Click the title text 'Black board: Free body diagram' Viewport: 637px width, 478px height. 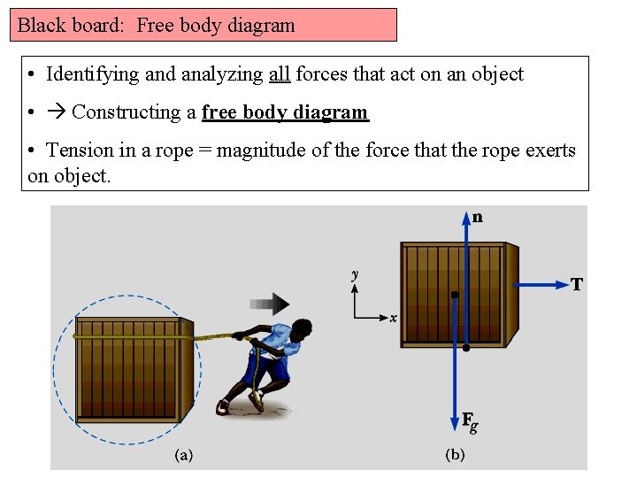(157, 25)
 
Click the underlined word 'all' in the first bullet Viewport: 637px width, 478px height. (279, 74)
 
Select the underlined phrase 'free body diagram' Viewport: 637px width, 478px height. (285, 112)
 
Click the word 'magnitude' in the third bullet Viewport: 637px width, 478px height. (257, 150)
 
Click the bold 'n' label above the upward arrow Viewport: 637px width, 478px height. (478, 217)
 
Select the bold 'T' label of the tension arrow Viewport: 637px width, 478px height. (577, 284)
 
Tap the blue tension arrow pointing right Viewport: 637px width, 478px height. (544, 284)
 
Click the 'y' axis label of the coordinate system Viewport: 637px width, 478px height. (355, 275)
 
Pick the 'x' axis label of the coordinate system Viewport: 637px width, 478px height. (393, 318)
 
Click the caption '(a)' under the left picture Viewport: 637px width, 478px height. (183, 455)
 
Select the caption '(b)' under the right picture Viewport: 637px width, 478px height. (455, 455)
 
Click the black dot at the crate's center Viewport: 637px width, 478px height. (454, 295)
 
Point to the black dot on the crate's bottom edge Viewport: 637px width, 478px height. (466, 348)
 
